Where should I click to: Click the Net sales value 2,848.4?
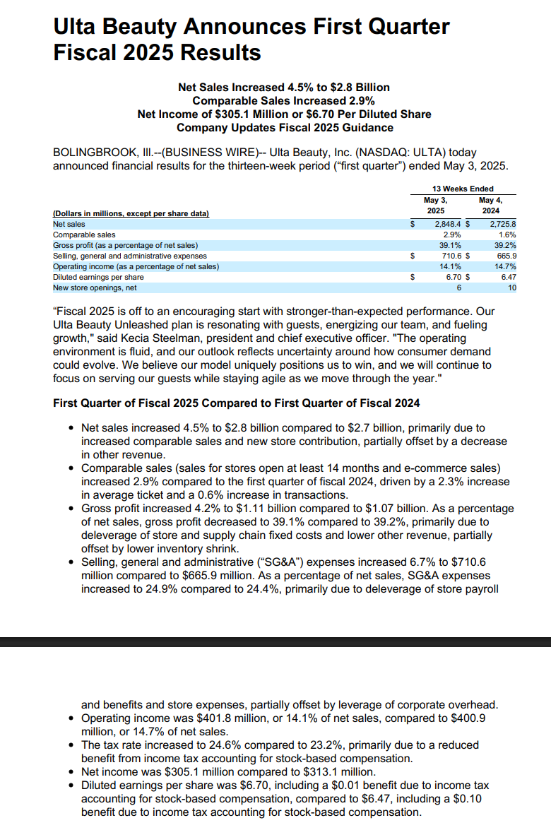(448, 224)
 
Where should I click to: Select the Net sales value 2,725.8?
(503, 224)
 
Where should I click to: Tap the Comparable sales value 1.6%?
(507, 235)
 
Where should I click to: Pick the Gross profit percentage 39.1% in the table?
(450, 245)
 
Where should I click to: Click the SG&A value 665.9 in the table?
(506, 256)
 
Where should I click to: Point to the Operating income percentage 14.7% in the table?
(506, 266)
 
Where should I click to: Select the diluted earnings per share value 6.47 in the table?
(509, 277)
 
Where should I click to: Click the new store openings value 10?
(512, 287)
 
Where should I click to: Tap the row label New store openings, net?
(95, 287)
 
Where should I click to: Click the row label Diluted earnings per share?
(98, 277)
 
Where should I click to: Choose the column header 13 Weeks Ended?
(463, 189)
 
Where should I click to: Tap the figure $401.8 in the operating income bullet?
(213, 718)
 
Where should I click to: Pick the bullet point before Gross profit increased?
(71, 509)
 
